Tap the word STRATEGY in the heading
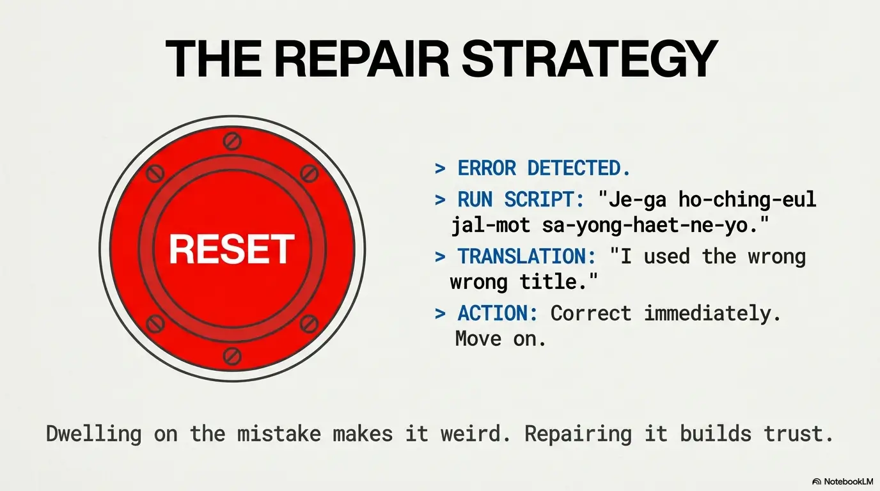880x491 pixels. point(589,59)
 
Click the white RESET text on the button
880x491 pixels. point(232,249)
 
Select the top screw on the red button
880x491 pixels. point(232,141)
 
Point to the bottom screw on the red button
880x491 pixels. point(232,356)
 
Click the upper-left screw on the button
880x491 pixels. point(155,173)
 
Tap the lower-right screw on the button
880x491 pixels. point(309,323)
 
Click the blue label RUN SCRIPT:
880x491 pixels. point(521,199)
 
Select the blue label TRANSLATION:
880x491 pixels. point(527,256)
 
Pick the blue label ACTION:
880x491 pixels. point(498,313)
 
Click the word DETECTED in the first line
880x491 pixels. point(579,168)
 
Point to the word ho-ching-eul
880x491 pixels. point(747,199)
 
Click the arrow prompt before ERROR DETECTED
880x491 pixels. point(441,169)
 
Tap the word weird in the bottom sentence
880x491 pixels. point(475,433)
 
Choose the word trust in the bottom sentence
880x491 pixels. point(798,433)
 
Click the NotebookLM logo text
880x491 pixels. point(849,481)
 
